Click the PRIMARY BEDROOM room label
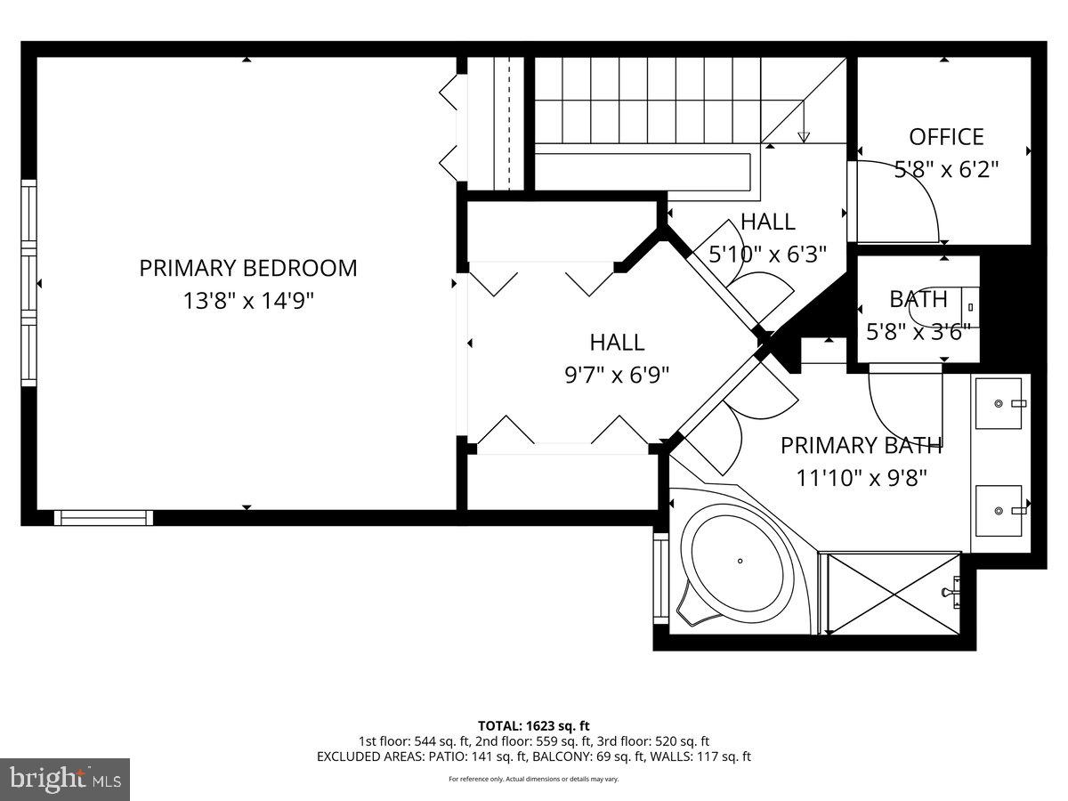tap(247, 268)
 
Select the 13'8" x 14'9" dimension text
tap(248, 301)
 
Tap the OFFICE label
tap(946, 137)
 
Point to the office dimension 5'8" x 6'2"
tap(946, 169)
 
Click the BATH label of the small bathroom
tap(918, 299)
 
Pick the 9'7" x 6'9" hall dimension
tap(617, 375)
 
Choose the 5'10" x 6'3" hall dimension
tap(767, 254)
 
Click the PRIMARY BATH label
tap(861, 445)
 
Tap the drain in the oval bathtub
tap(740, 561)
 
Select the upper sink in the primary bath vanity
tap(999, 403)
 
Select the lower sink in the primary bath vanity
tap(999, 511)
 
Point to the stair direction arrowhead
tap(804, 137)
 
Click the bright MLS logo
tap(65, 779)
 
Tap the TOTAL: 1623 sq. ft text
tap(534, 725)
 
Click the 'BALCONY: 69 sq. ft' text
tap(589, 756)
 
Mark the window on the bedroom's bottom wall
tap(103, 517)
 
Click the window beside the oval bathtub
tap(660, 578)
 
